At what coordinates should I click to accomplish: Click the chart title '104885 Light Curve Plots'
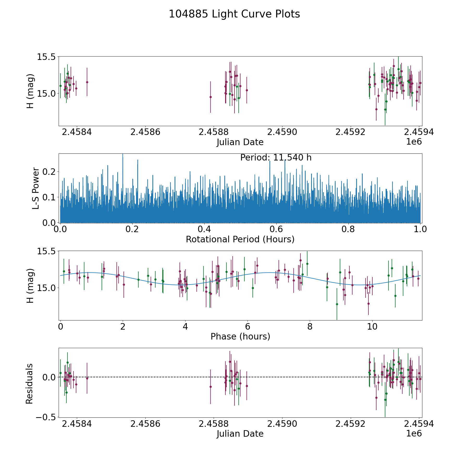click(x=234, y=14)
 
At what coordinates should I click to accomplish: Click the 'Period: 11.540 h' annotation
click(x=276, y=158)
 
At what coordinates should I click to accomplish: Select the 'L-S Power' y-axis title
click(x=36, y=188)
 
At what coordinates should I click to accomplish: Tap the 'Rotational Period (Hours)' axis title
click(x=240, y=239)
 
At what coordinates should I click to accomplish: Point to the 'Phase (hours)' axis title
click(x=240, y=336)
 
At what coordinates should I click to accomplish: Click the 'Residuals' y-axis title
click(x=29, y=384)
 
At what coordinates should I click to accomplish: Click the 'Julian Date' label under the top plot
click(x=240, y=142)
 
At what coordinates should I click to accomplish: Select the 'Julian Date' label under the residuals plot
click(x=240, y=434)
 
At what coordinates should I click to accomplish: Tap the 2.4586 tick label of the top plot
click(x=145, y=132)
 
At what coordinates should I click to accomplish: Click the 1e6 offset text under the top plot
click(x=414, y=142)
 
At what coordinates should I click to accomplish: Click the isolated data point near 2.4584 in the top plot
click(x=87, y=82)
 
